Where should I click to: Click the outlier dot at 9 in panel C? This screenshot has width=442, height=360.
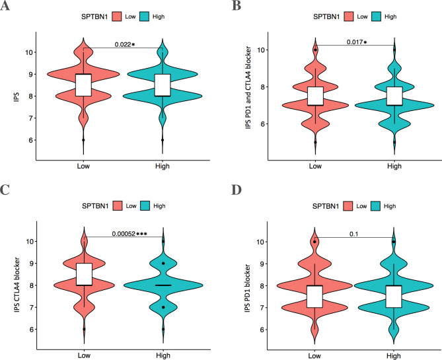pos(163,264)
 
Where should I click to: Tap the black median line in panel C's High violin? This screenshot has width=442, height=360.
pos(163,285)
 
